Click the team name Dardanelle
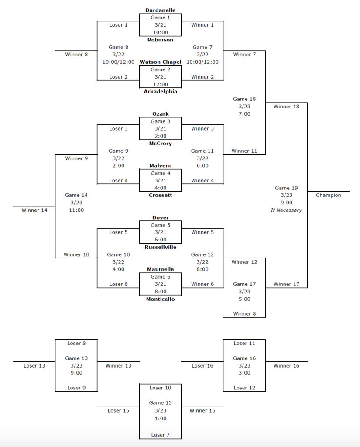pos(160,10)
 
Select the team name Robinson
pos(160,40)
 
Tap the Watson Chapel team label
pos(160,62)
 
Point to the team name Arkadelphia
pos(160,92)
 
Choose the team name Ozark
pos(160,114)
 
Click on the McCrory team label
pos(160,144)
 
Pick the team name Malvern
pos(160,166)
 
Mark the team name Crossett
pos(160,195)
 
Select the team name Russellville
pos(160,247)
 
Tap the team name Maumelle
pos(160,269)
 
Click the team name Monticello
pos(160,299)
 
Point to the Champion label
pos(328,195)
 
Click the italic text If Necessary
pos(286,210)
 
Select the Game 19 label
pos(286,188)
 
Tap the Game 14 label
pos(76,195)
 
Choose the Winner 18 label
pos(286,107)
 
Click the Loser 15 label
pos(118,410)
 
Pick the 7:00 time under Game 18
pos(244,114)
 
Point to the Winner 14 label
pos(34,210)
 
